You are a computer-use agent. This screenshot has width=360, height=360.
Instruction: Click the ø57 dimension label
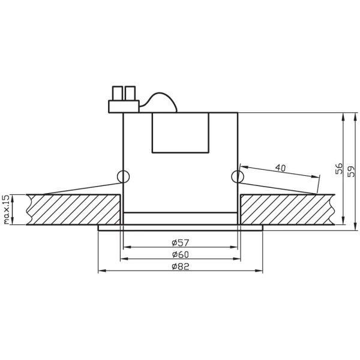coord(180,242)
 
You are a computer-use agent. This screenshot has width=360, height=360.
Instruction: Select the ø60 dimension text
coord(180,254)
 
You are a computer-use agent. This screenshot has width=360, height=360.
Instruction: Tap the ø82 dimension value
coord(180,267)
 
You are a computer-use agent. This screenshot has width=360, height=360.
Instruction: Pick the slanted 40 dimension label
coord(280,167)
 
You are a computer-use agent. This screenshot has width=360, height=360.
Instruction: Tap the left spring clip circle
coord(123,176)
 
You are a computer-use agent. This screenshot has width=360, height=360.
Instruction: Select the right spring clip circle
coord(238,176)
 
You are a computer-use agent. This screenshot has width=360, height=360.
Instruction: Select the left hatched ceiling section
coord(72,209)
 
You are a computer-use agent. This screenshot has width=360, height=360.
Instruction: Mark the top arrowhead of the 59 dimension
coord(356,116)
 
